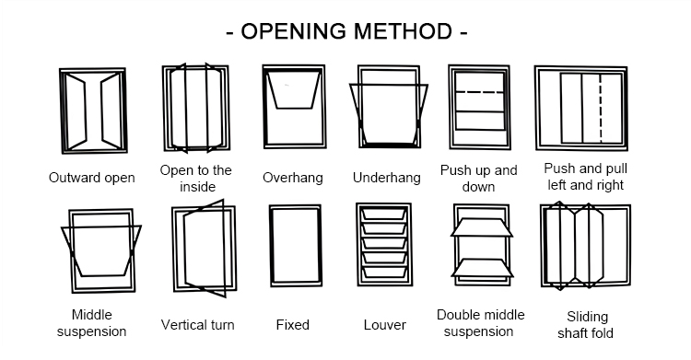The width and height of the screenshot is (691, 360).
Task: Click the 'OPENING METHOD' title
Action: click(346, 31)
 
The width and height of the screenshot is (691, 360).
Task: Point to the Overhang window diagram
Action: click(264, 107)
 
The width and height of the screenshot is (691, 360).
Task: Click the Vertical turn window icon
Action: click(174, 250)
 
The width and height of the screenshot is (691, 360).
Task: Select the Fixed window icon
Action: click(271, 246)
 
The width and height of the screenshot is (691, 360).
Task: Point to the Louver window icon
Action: click(358, 245)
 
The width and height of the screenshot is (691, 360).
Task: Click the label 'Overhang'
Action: click(293, 178)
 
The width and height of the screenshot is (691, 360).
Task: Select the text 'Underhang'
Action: click(386, 178)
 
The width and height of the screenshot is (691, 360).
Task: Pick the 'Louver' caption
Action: click(385, 325)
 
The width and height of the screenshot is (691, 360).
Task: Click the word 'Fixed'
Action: click(293, 325)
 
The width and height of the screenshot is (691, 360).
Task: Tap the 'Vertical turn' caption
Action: click(197, 325)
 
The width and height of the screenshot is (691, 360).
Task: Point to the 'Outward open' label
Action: click(91, 178)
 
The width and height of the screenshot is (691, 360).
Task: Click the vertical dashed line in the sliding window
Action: click(600, 108)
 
